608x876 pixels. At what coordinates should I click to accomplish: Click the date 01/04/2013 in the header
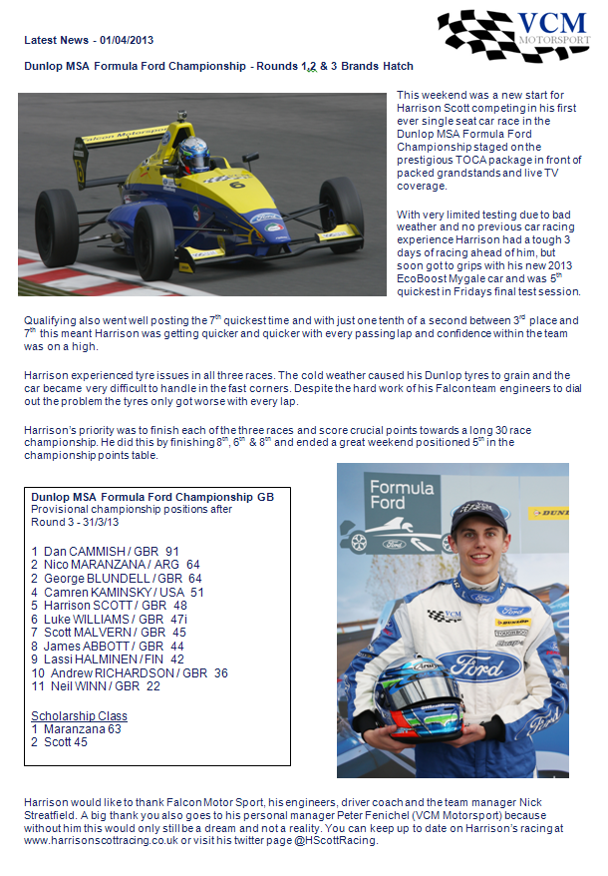(127, 41)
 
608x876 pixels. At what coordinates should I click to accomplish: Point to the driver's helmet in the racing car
(194, 151)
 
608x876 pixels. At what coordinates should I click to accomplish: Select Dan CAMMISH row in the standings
(105, 551)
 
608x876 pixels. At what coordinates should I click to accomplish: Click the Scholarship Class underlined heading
(79, 715)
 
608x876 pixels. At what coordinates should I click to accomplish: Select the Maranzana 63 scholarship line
(76, 728)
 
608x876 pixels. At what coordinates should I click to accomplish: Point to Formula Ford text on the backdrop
(401, 497)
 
